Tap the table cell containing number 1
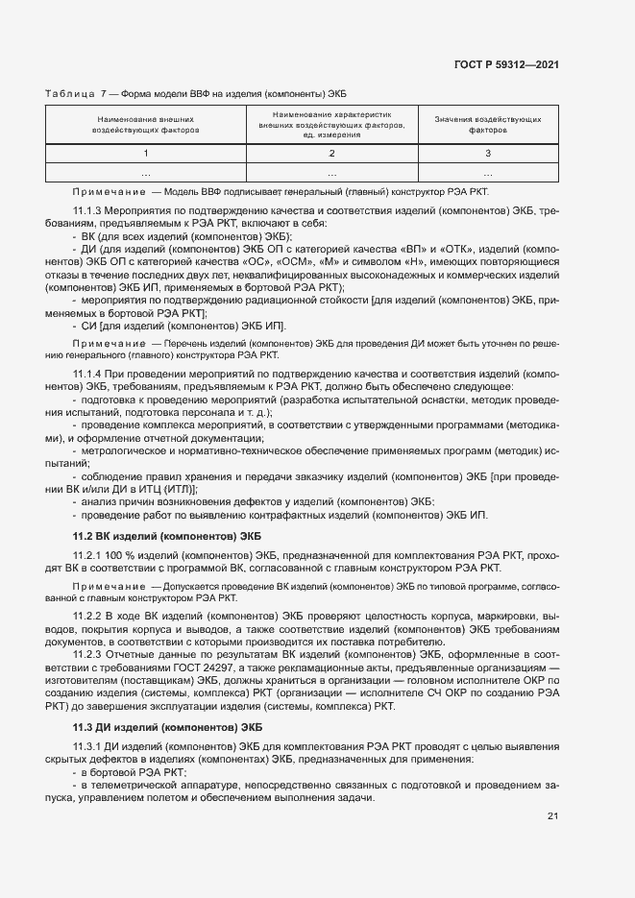coord(146,153)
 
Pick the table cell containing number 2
coord(331,153)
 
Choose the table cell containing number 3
coord(487,153)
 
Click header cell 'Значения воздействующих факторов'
coord(487,123)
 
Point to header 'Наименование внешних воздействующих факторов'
coord(146,123)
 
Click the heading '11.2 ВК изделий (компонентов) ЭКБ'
coord(167,535)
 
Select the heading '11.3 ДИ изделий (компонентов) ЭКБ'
coord(167,725)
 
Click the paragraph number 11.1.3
coord(88,209)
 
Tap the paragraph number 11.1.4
coord(88,372)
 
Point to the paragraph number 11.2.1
coord(88,556)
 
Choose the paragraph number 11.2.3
coord(88,654)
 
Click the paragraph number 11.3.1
coord(88,746)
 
